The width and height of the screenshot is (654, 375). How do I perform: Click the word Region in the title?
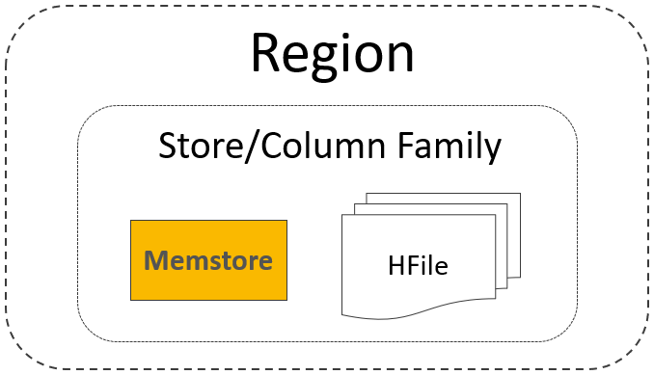click(333, 54)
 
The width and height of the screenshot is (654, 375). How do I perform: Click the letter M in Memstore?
click(155, 260)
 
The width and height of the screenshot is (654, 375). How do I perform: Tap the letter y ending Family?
click(492, 152)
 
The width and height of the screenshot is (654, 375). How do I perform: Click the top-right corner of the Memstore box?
click(286, 222)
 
